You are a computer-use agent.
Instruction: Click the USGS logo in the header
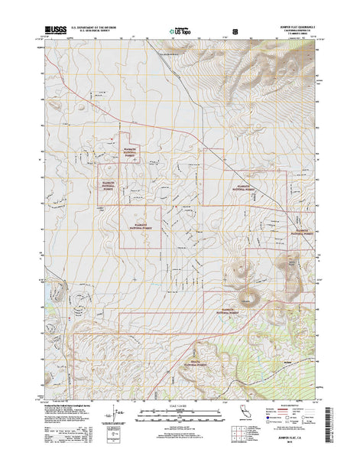pyautogui.click(x=54, y=30)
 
